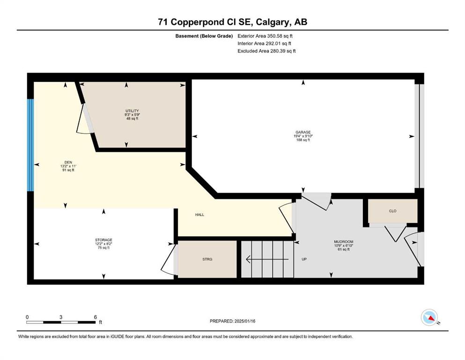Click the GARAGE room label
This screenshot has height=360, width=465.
303,132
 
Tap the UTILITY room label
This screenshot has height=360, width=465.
132,111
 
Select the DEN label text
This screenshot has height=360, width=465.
68,162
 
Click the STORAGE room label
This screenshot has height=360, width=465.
103,240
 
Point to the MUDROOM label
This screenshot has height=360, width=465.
343,242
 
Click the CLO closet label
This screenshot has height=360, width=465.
392,211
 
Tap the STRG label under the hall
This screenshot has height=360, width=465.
207,259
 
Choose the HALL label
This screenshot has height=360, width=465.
199,215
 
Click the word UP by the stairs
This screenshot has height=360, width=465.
304,259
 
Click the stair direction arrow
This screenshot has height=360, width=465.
267,259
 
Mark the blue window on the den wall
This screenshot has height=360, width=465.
30,145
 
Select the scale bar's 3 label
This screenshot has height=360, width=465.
61,317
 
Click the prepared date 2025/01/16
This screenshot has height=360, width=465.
244,321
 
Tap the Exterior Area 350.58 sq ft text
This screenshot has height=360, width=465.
265,36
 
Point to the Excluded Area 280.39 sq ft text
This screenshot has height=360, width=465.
266,51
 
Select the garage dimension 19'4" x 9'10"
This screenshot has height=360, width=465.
303,136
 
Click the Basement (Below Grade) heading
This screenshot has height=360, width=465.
204,36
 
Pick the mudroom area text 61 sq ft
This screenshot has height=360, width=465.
343,249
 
